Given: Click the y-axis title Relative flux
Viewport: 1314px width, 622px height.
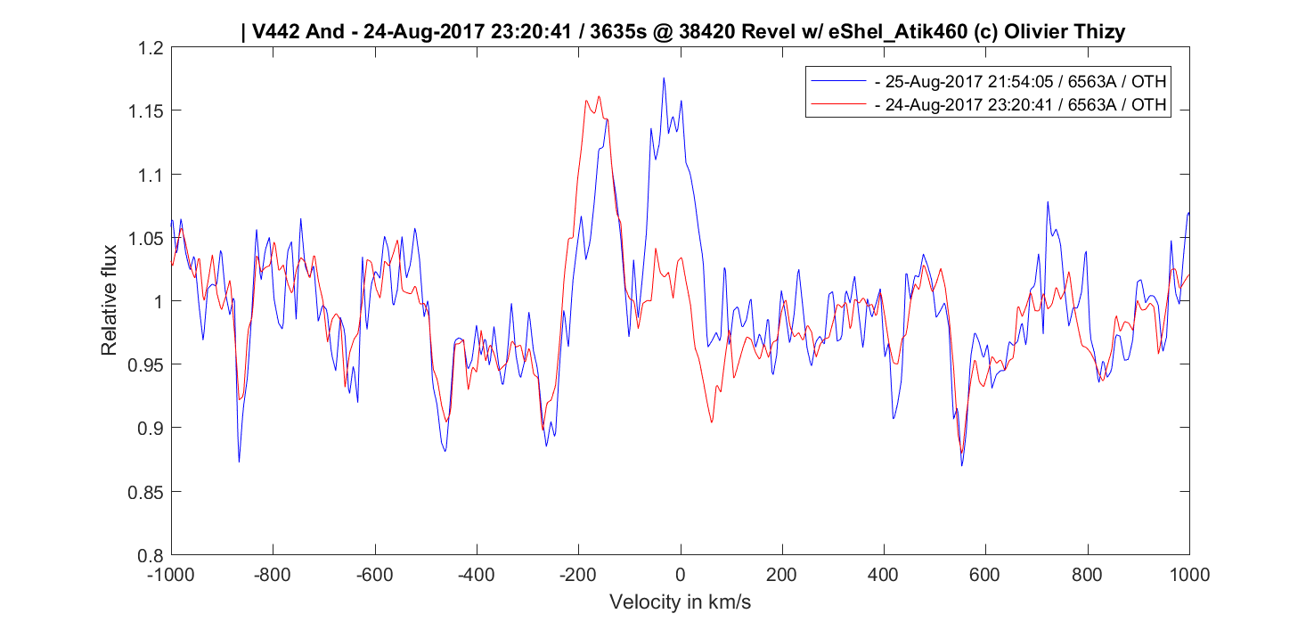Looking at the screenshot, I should (109, 300).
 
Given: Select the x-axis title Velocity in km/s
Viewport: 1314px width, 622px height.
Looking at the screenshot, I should (680, 602).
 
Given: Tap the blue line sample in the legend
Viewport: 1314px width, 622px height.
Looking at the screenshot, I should (837, 82).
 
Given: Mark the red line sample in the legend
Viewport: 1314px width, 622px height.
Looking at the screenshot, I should (837, 105).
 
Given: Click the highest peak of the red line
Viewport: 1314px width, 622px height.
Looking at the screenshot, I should (599, 96).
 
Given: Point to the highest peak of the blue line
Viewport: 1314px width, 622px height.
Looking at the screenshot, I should (664, 78).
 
